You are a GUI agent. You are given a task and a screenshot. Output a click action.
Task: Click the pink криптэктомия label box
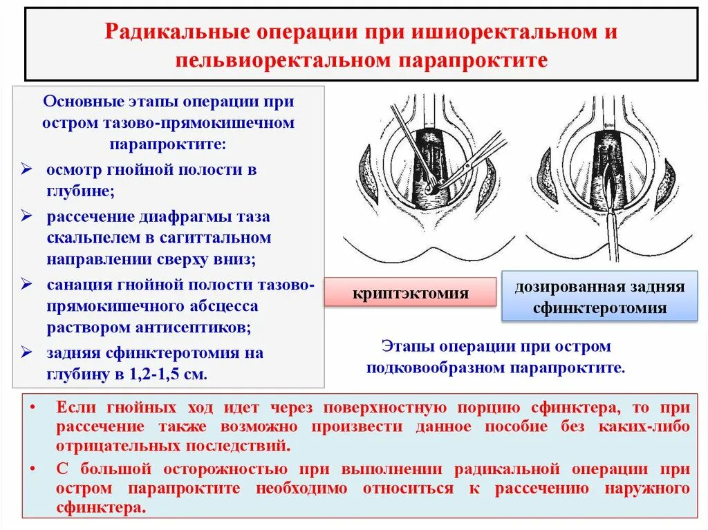411,293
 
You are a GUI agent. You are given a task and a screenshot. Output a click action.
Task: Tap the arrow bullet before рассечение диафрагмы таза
27,217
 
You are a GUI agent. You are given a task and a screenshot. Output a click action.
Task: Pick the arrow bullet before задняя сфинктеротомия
27,353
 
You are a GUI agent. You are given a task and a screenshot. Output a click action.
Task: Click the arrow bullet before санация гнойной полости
27,285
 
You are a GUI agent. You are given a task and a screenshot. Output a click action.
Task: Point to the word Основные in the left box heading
77,102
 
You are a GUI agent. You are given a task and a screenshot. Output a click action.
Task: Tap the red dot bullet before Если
32,408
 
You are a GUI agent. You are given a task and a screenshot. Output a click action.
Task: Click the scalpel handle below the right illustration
612,242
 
